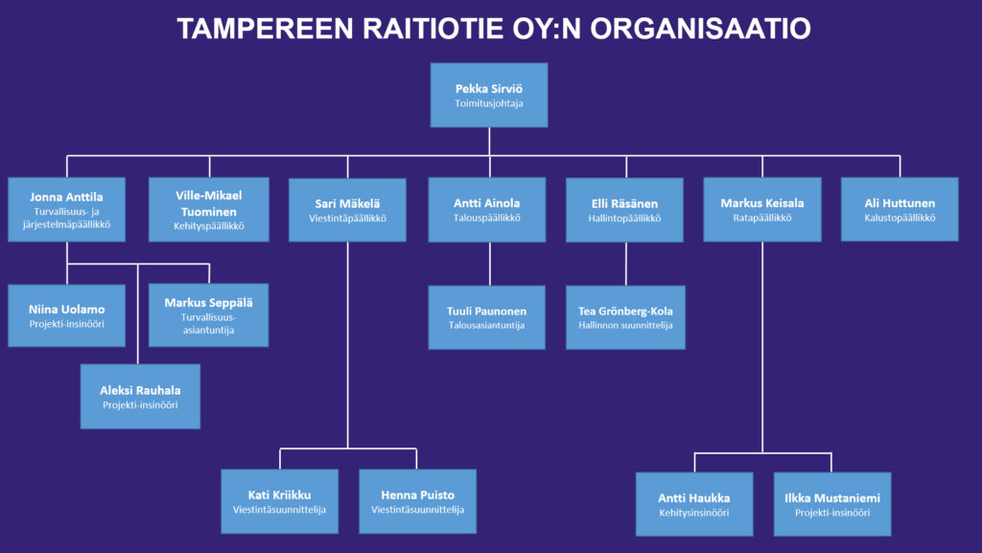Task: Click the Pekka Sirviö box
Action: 489,95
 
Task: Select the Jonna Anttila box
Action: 66,210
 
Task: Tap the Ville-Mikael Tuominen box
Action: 208,210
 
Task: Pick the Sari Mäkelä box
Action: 347,210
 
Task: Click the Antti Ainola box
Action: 486,210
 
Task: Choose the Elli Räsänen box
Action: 624,210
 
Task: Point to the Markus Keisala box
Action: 762,210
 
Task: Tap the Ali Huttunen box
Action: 900,210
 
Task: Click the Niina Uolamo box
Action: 66,316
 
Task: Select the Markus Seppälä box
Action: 208,315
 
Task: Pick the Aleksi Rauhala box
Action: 140,397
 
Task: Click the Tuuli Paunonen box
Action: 486,317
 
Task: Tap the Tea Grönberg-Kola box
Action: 625,317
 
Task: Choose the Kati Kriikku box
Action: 279,501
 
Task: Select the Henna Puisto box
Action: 418,501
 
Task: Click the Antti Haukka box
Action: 694,504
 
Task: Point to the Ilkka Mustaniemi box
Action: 832,504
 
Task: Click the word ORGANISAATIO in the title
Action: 700,29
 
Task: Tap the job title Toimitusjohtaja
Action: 489,104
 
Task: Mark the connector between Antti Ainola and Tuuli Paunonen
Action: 490,264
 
